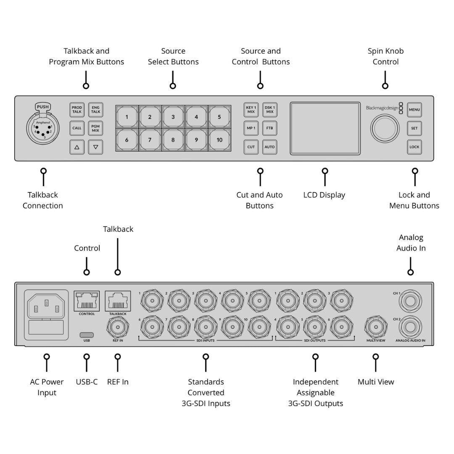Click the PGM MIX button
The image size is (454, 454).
pyautogui.click(x=95, y=128)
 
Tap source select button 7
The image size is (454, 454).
pyautogui.click(x=150, y=140)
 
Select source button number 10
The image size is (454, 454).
pyautogui.click(x=219, y=140)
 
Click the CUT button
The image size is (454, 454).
pyautogui.click(x=251, y=147)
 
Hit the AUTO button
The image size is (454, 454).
pyautogui.click(x=269, y=147)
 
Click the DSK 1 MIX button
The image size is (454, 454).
pyautogui.click(x=269, y=110)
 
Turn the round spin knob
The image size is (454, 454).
pyautogui.click(x=385, y=128)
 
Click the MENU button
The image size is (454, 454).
pyautogui.click(x=414, y=110)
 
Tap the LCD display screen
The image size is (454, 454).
pyautogui.click(x=324, y=128)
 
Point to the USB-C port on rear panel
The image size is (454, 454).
pyautogui.click(x=87, y=335)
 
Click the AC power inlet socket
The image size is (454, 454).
pyautogui.click(x=46, y=305)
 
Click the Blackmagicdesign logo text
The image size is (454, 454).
pyautogui.click(x=382, y=108)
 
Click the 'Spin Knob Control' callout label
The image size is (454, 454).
pyautogui.click(x=385, y=56)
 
